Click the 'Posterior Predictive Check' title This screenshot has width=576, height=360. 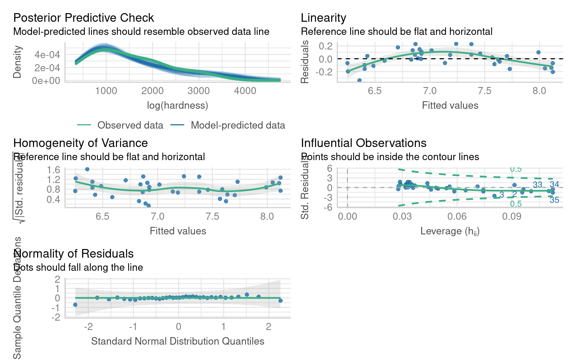[x=83, y=18]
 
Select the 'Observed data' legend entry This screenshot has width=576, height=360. [x=130, y=125]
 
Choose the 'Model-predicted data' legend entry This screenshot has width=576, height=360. [x=238, y=125]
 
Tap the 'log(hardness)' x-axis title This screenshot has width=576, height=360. [x=177, y=105]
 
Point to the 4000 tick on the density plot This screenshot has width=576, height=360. [x=245, y=91]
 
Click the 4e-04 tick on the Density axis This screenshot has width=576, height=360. [x=47, y=55]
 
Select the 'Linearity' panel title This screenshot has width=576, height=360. [x=323, y=18]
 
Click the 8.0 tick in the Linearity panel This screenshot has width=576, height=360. [x=539, y=91]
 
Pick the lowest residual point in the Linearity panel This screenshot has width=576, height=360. [x=359, y=80]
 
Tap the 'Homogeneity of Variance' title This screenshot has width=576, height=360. [x=80, y=143]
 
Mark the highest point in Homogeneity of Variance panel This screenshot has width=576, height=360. [x=87, y=169]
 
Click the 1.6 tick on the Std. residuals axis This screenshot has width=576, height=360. [x=54, y=170]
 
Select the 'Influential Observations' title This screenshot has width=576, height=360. [x=363, y=143]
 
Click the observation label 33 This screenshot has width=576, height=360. [x=537, y=184]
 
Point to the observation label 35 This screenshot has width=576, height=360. [x=554, y=200]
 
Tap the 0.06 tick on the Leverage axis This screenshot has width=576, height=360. [x=457, y=216]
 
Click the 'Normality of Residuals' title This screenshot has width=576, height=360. [x=73, y=253]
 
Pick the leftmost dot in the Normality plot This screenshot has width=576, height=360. [x=75, y=304]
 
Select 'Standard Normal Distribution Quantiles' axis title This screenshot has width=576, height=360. [x=177, y=341]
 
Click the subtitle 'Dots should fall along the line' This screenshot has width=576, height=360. [x=78, y=267]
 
